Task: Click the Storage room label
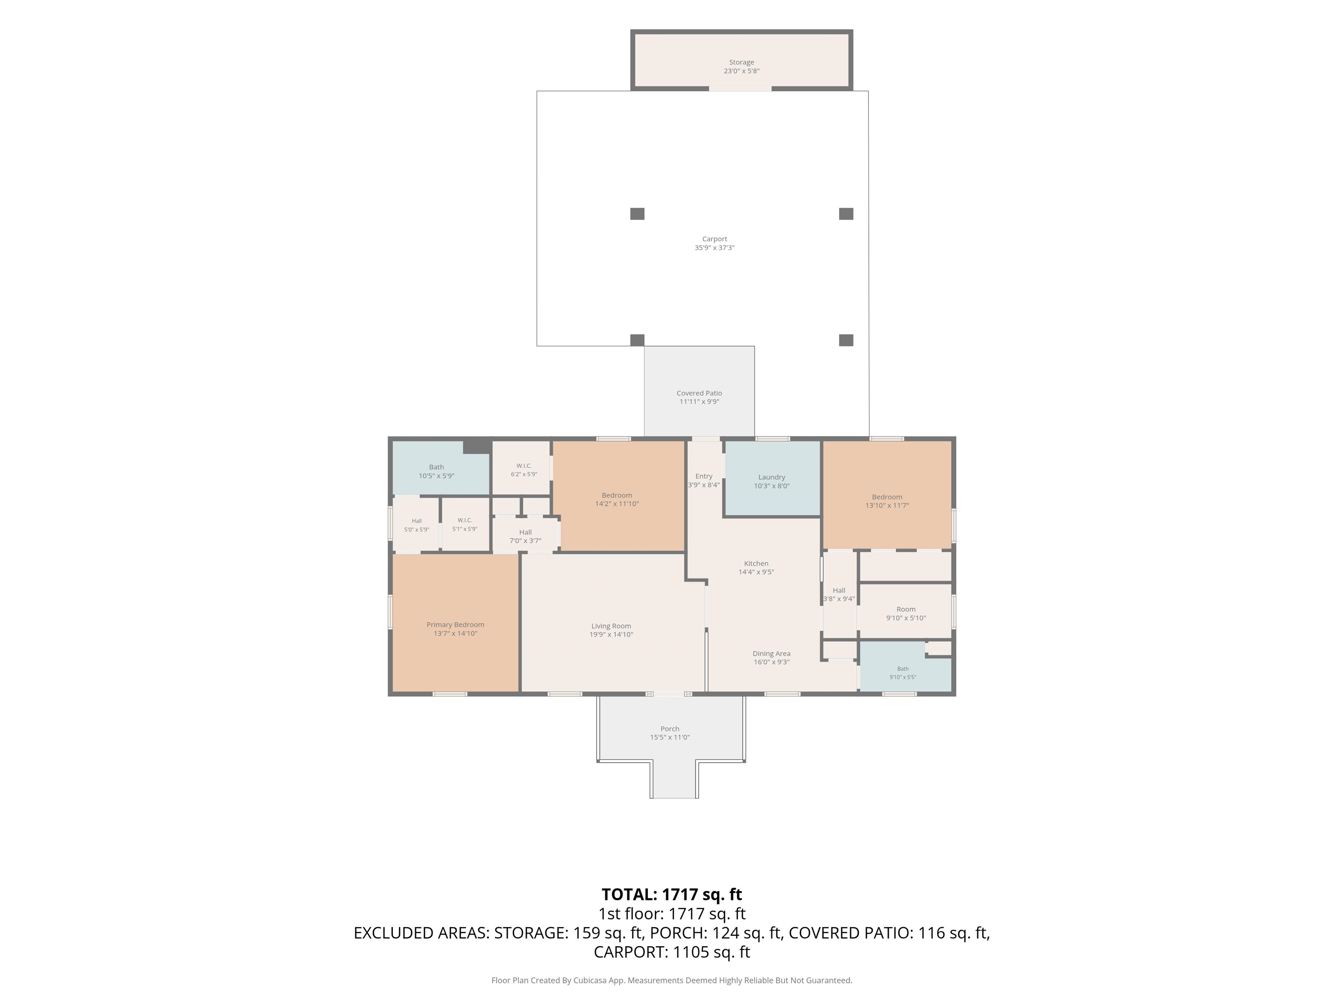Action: tap(741, 62)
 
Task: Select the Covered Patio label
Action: tap(699, 393)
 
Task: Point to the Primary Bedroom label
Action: tap(455, 625)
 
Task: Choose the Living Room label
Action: tap(611, 626)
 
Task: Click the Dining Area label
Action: tap(772, 654)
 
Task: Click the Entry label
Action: tap(703, 476)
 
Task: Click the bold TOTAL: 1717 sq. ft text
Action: tap(672, 894)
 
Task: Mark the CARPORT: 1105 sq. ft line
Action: tap(672, 952)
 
